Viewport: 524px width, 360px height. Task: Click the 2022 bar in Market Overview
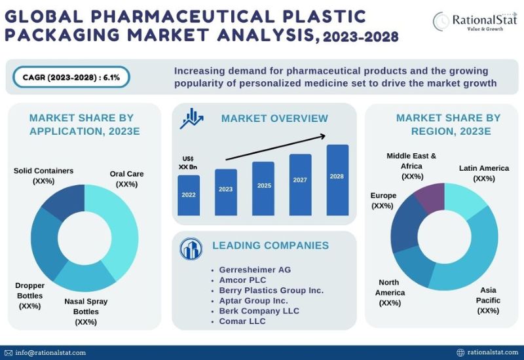click(189, 195)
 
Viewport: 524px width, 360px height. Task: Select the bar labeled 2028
click(337, 180)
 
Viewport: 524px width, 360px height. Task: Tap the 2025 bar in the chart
click(263, 189)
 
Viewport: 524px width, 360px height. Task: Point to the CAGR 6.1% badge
click(71, 77)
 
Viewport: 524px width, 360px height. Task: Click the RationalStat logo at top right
click(474, 21)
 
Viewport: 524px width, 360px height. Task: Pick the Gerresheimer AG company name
click(255, 270)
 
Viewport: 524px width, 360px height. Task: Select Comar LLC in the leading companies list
click(242, 321)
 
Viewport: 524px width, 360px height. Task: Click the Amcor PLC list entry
click(242, 280)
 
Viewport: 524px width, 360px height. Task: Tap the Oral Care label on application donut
click(126, 179)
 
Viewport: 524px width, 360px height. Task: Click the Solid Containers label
click(43, 175)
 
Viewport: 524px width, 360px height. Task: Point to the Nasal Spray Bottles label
click(86, 312)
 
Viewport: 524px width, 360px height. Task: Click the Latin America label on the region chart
click(484, 173)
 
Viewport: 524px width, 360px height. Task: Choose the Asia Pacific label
click(488, 300)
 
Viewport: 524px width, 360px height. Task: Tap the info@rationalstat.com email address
click(50, 353)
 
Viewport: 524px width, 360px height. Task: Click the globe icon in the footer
click(460, 353)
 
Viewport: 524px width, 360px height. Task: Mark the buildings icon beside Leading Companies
click(191, 249)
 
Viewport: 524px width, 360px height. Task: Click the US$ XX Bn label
click(188, 162)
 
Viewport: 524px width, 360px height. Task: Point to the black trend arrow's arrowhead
click(323, 135)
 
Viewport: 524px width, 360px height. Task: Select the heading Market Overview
click(274, 118)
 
